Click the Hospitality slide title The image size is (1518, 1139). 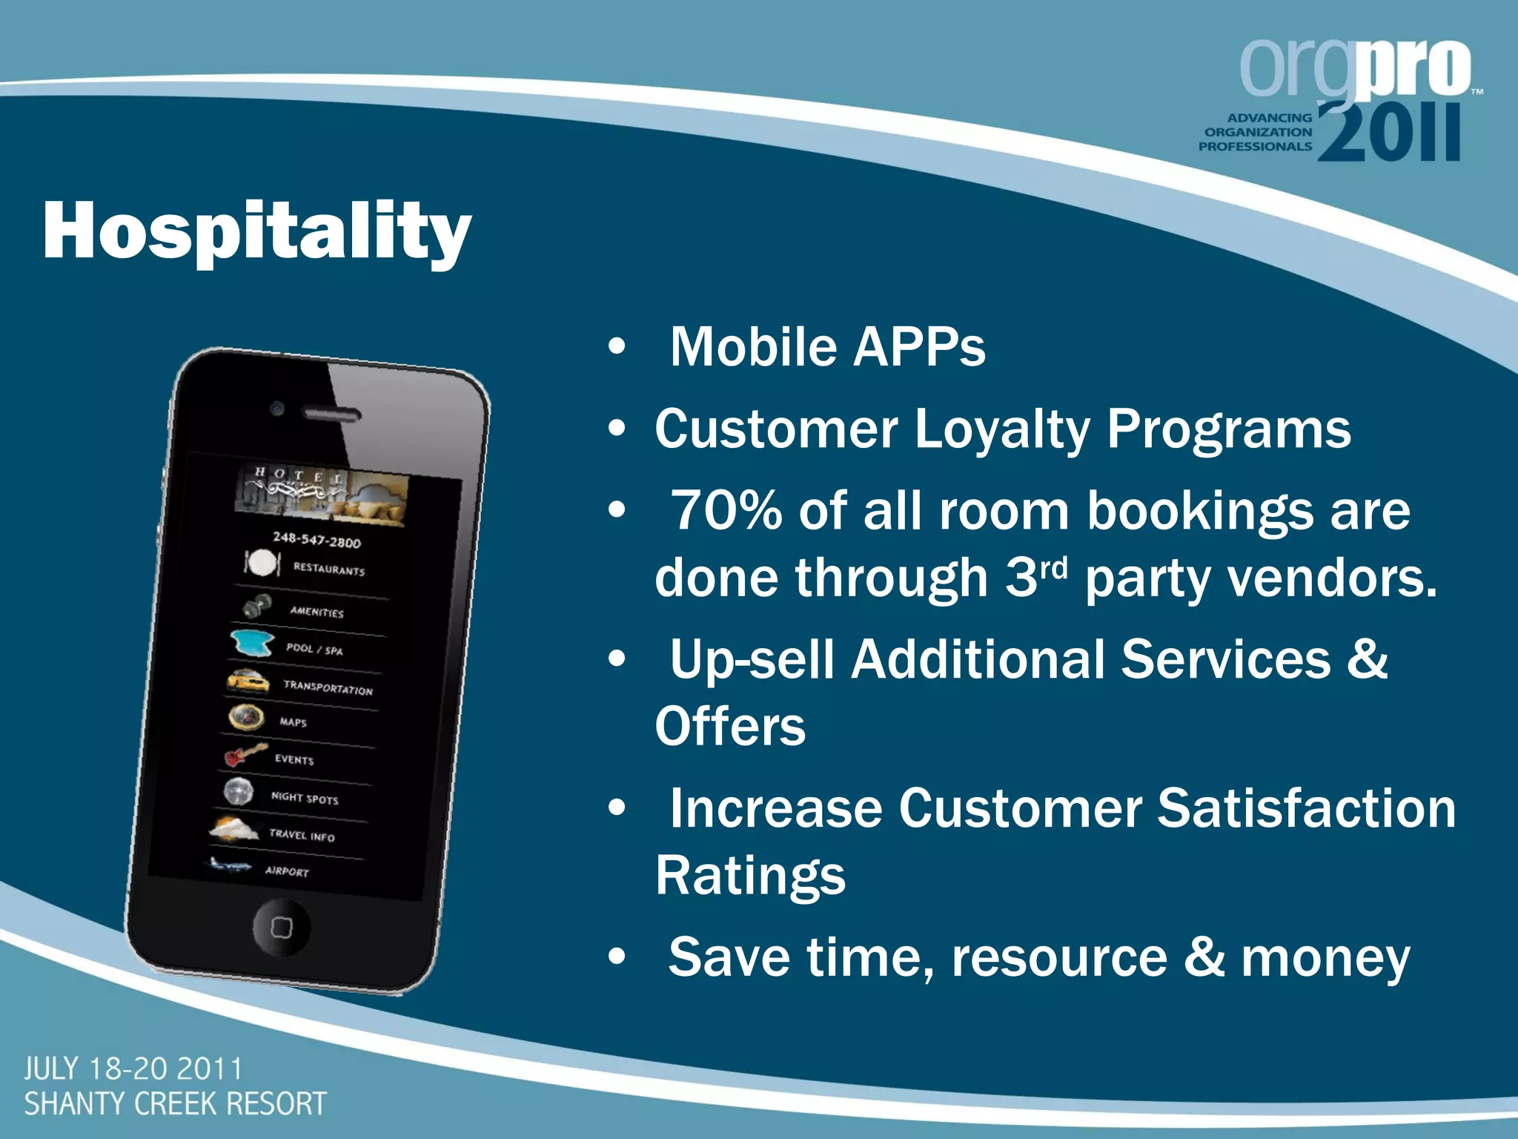tap(256, 231)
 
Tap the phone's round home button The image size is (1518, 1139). tap(281, 928)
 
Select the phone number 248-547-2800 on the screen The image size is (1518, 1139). tap(316, 540)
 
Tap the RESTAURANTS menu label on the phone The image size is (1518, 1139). tap(329, 569)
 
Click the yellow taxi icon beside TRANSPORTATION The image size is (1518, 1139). tap(248, 681)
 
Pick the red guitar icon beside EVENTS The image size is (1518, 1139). tap(245, 755)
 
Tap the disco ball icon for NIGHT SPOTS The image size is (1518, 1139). tap(239, 791)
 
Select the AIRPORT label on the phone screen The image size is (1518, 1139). tap(287, 871)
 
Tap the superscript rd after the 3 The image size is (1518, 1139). tap(1053, 567)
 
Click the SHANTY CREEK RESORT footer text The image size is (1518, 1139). tap(176, 1104)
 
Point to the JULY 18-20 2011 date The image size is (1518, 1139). tap(133, 1069)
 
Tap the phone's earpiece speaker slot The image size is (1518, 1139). tap(331, 414)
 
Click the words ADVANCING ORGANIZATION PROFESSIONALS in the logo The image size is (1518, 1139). tap(1256, 132)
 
